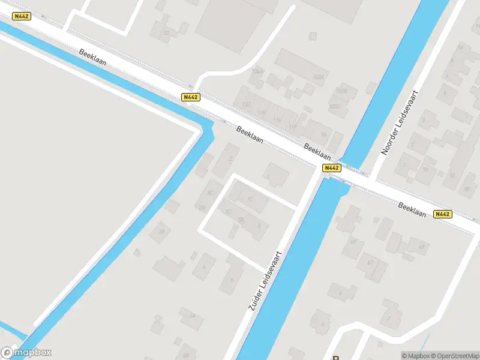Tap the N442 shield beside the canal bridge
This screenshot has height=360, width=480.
point(332,168)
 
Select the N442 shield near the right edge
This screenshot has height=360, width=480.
point(443,214)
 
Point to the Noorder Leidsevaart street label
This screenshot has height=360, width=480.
point(400,123)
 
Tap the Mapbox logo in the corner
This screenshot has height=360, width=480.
point(26,353)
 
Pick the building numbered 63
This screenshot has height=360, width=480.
point(421,247)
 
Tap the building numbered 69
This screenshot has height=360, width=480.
point(353,242)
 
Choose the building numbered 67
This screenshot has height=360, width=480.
point(370,262)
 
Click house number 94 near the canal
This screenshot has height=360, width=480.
point(324,134)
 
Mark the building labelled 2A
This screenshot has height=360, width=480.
point(161,231)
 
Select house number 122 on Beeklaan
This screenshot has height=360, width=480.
point(246,104)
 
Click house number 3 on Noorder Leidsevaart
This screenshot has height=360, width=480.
point(424,120)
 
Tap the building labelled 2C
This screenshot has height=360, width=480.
point(210,193)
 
